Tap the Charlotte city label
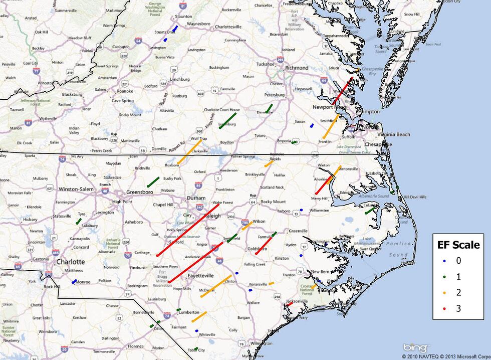(x=70, y=262)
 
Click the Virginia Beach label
(x=394, y=134)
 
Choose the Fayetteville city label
(x=200, y=276)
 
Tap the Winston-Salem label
(x=76, y=189)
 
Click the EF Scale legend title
(x=456, y=245)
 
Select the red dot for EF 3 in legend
(x=444, y=309)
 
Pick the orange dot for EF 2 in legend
(x=444, y=293)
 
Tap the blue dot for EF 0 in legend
(x=444, y=261)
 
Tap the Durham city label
(x=196, y=198)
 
